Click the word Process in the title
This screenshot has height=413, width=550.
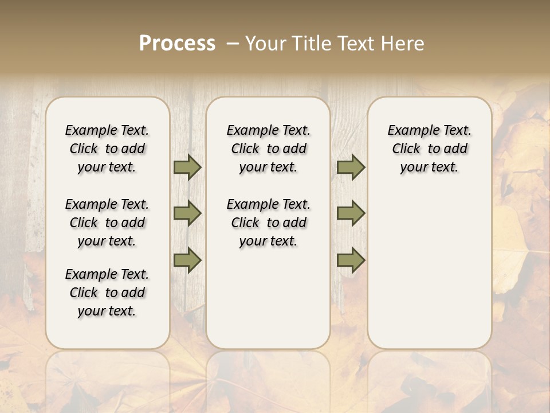(x=177, y=44)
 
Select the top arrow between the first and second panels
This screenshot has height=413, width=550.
(x=187, y=167)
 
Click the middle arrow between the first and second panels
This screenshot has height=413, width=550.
(x=187, y=213)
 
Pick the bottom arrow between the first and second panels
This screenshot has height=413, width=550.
(x=187, y=260)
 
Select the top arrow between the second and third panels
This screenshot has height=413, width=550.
(x=351, y=167)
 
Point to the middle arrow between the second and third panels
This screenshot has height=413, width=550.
(x=351, y=213)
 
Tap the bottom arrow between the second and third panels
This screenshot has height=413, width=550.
(x=351, y=260)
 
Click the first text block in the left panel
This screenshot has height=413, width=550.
(x=107, y=149)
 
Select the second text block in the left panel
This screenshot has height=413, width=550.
(x=107, y=223)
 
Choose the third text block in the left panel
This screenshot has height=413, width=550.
(x=107, y=293)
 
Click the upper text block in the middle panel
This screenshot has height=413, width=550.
(x=269, y=149)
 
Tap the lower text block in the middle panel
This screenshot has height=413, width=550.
(x=269, y=223)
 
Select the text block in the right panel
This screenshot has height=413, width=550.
(x=430, y=149)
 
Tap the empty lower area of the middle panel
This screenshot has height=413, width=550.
(x=268, y=298)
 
